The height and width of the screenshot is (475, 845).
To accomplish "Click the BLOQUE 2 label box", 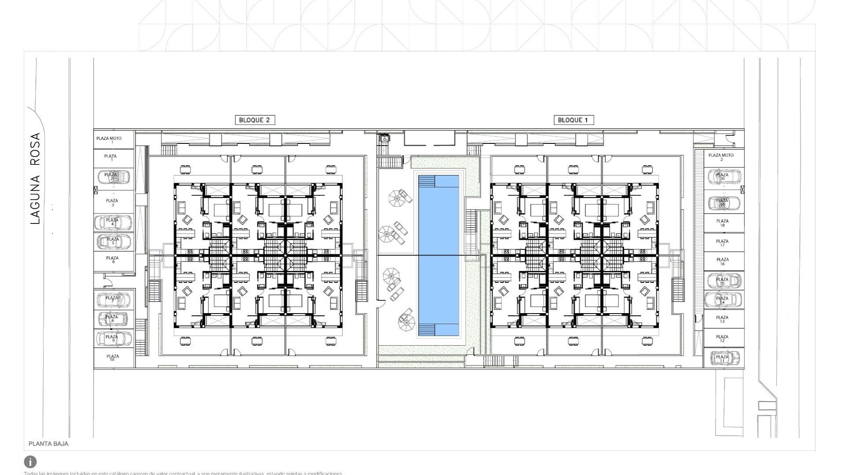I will [255, 120].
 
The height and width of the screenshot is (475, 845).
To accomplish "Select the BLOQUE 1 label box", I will [573, 120].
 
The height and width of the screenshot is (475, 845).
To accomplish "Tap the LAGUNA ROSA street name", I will [35, 179].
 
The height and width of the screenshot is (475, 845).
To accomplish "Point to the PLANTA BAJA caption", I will [48, 444].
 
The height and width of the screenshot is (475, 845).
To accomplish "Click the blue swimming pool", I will [438, 255].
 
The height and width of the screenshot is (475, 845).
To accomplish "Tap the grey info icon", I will [30, 462].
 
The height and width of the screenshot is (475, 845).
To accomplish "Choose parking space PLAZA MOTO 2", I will [721, 157].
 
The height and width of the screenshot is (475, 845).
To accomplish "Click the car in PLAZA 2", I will [113, 177].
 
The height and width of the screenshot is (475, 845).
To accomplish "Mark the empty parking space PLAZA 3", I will [113, 203].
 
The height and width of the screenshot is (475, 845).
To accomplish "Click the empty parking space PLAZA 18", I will [722, 223].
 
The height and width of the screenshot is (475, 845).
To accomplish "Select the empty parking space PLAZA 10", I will [113, 358].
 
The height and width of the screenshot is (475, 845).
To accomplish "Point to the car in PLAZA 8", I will [113, 319].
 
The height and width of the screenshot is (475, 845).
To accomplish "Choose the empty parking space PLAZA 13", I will [722, 319].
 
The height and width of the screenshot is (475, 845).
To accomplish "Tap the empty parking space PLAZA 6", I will [113, 260].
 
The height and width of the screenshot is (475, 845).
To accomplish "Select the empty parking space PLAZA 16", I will [722, 262].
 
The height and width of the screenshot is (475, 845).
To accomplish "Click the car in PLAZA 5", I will [114, 241].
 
